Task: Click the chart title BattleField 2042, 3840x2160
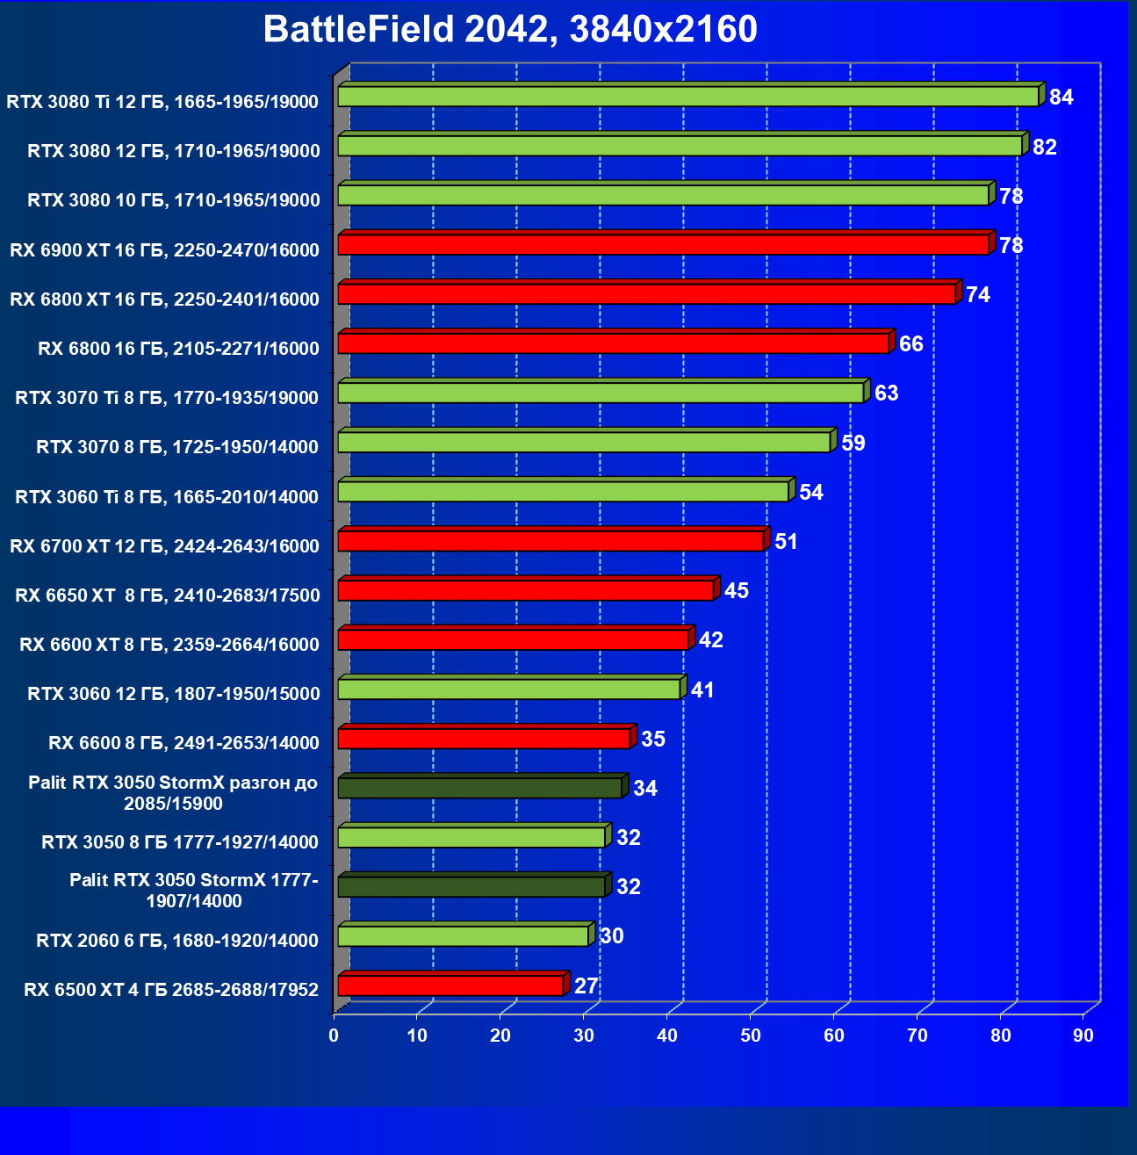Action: coord(510,30)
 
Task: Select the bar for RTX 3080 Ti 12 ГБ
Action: coord(687,97)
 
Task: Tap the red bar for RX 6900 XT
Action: coord(663,245)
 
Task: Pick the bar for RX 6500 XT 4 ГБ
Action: coord(450,985)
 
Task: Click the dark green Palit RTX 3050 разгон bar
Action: coord(479,788)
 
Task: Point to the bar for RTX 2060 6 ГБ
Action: coord(463,936)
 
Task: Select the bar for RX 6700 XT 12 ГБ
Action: coord(551,541)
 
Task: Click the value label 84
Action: coord(1061,97)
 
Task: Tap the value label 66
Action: coord(911,344)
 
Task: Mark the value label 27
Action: coord(586,986)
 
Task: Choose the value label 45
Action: coord(736,591)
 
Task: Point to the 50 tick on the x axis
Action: coord(751,1036)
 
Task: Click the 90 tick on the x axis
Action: coord(1083,1036)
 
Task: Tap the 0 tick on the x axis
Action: coord(334,1036)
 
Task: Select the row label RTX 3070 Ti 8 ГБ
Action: coord(167,398)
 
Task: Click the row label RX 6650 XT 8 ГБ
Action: coord(168,596)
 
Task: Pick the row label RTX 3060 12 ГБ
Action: coord(174,694)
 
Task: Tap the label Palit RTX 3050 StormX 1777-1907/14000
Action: coord(194,891)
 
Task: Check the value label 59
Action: coord(853,444)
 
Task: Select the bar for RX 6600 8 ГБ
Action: coord(484,739)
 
